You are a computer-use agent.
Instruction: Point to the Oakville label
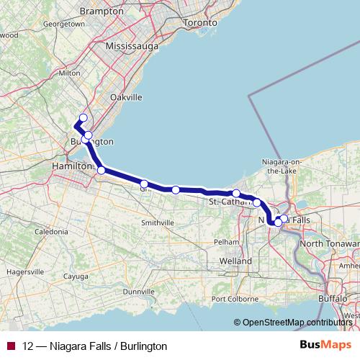127,96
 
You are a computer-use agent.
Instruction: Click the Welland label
236,260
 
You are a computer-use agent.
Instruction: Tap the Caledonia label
50,232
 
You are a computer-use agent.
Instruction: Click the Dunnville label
139,292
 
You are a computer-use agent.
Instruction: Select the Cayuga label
76,276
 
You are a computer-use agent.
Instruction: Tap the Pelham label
228,242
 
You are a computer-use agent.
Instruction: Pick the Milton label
69,73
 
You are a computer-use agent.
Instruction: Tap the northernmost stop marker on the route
83,118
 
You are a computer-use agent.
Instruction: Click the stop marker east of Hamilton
102,171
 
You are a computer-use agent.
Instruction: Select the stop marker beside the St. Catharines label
236,193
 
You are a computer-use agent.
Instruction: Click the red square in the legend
11,346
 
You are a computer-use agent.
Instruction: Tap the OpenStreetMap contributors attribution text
297,322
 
